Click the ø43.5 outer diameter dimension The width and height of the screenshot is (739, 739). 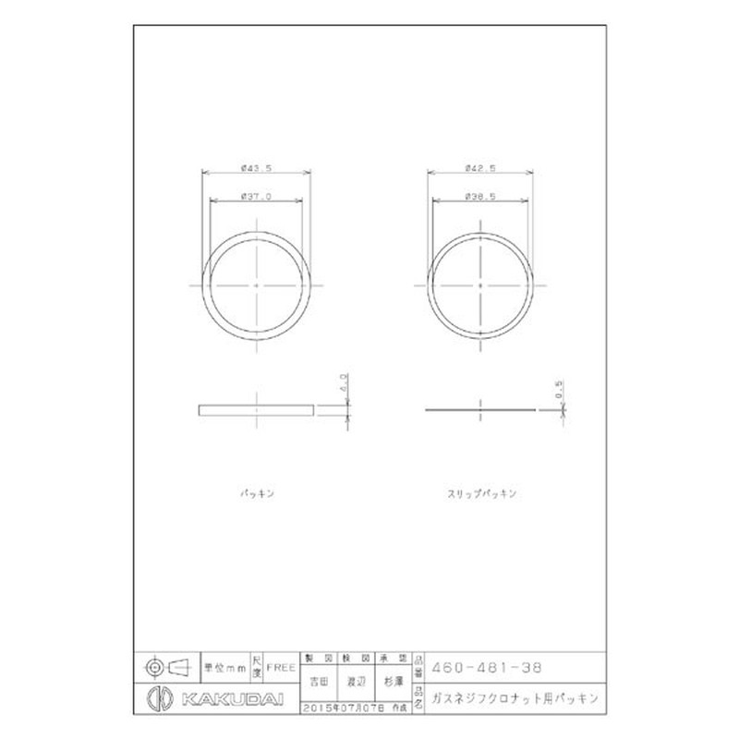[x=256, y=168]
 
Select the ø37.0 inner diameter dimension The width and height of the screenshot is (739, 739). [x=256, y=196]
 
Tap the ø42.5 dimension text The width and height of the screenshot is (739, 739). [x=480, y=168]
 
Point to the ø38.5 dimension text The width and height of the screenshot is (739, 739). [x=480, y=196]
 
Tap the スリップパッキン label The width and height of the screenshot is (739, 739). [x=480, y=494]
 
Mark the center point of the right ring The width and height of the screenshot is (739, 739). [x=481, y=285]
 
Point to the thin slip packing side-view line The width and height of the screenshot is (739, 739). [x=481, y=409]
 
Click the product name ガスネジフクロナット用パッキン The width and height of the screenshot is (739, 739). [x=515, y=698]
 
